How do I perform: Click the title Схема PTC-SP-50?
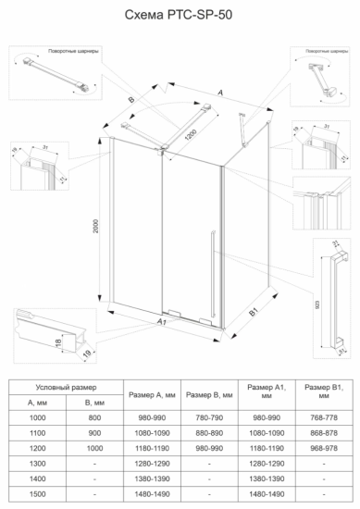pyautogui.click(x=179, y=17)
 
